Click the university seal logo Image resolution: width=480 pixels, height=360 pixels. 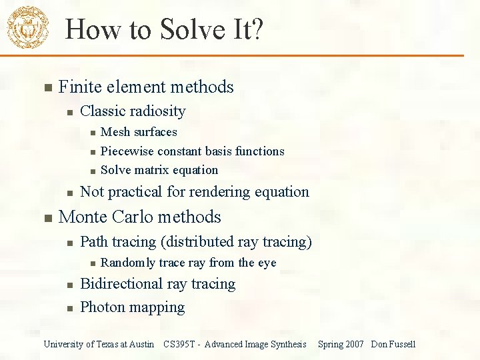(x=27, y=27)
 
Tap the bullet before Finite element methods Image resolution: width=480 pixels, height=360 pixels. (x=46, y=88)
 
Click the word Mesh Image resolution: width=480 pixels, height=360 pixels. (x=115, y=132)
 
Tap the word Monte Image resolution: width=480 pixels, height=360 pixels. (x=82, y=217)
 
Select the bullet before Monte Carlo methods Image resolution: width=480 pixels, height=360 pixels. (x=46, y=218)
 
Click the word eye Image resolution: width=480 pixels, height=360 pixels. (x=267, y=263)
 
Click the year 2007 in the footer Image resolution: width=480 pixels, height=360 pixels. (x=355, y=344)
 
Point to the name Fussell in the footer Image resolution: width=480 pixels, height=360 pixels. (x=402, y=344)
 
